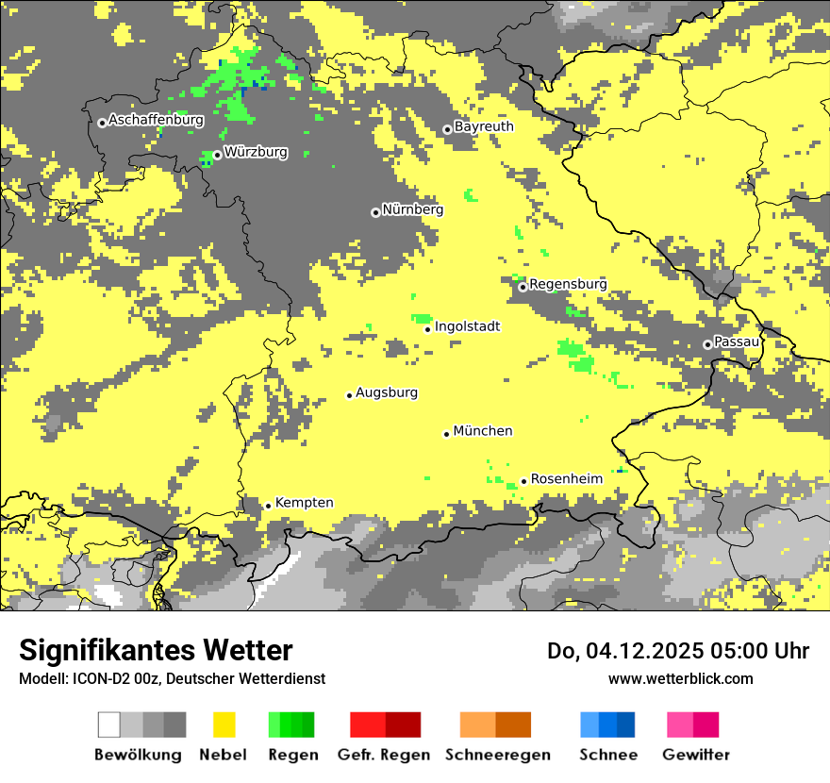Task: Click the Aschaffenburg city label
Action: click(156, 121)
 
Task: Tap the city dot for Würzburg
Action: click(217, 155)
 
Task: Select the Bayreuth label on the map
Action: click(484, 126)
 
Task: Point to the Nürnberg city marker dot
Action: click(375, 212)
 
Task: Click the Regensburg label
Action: click(568, 284)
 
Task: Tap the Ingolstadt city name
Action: click(467, 326)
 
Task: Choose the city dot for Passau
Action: click(707, 344)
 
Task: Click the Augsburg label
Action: click(387, 392)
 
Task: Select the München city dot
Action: click(446, 434)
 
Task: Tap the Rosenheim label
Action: click(566, 479)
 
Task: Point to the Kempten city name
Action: click(304, 503)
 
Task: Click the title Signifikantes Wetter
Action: click(156, 651)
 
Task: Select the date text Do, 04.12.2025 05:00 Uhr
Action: click(678, 651)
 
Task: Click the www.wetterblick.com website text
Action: click(680, 678)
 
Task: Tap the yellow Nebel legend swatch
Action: click(224, 725)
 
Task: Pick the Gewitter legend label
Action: click(695, 755)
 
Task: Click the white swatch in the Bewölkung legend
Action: click(109, 725)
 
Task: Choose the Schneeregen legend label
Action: click(497, 755)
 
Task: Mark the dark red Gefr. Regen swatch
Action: click(403, 725)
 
